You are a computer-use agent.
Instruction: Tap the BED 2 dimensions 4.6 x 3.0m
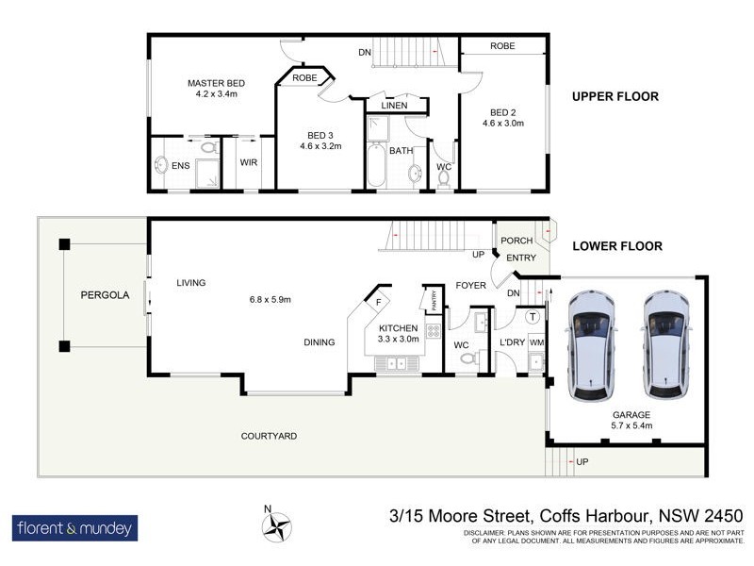(x=502, y=123)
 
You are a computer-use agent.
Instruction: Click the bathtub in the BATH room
(x=375, y=165)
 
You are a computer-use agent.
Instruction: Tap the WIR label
(x=249, y=162)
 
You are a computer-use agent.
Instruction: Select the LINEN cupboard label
(x=395, y=105)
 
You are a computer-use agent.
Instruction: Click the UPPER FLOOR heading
(x=615, y=96)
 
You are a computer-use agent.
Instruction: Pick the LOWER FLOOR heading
(x=617, y=246)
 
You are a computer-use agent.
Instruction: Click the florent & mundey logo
(x=75, y=527)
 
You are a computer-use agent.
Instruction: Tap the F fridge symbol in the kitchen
(x=378, y=303)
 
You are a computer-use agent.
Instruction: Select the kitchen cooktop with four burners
(x=434, y=331)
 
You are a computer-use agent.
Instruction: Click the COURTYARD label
(x=269, y=436)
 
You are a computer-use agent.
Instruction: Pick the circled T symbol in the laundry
(x=533, y=317)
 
